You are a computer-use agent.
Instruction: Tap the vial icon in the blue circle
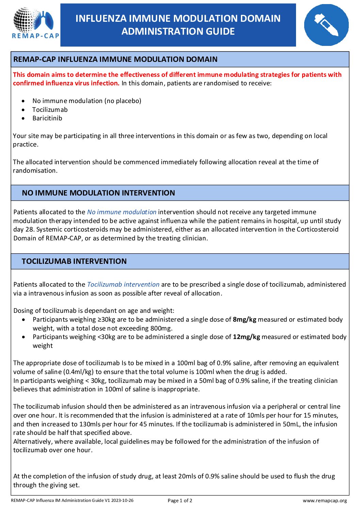(326, 25)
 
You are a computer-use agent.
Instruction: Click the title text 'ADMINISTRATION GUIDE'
(178, 32)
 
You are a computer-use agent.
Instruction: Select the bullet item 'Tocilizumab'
(50, 110)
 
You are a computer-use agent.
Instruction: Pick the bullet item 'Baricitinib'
(47, 118)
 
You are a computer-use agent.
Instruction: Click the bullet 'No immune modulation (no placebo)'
(87, 101)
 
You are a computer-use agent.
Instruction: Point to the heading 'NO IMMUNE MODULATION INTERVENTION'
(98, 193)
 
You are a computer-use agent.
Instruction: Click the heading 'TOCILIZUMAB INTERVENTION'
(74, 261)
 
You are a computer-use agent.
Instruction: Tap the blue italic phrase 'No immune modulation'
(121, 212)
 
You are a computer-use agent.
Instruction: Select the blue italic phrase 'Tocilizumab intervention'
(123, 285)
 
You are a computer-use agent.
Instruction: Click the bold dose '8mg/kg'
(244, 320)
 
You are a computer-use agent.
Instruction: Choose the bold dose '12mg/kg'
(246, 337)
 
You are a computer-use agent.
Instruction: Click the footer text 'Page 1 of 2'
(180, 500)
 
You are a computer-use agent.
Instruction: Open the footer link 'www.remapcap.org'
(325, 500)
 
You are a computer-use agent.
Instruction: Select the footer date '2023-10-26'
(123, 500)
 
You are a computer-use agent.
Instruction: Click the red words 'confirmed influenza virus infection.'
(66, 83)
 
